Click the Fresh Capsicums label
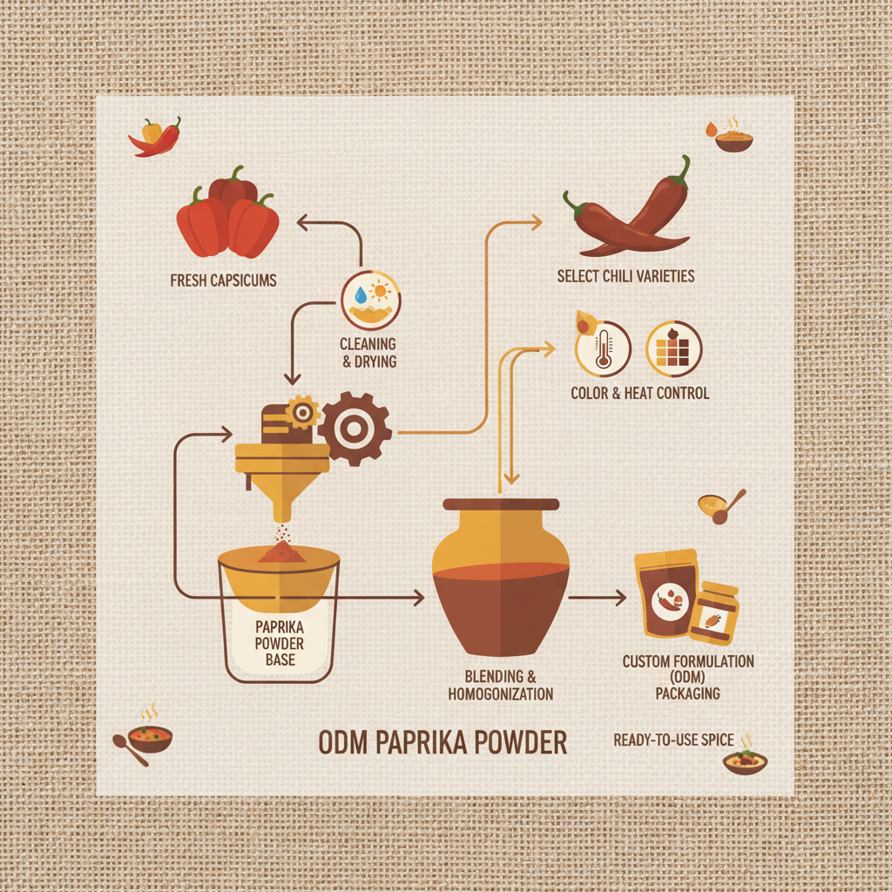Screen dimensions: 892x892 [225, 281]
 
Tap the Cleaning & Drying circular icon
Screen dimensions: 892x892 [371, 300]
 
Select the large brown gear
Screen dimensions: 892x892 [354, 429]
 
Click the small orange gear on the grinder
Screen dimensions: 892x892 [302, 411]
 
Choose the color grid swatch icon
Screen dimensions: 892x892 [673, 348]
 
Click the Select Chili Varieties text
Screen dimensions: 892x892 [625, 276]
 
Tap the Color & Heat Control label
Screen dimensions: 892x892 [639, 393]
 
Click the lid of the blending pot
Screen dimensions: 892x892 [501, 504]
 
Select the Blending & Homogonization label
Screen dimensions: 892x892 [500, 686]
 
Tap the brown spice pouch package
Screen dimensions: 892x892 [667, 595]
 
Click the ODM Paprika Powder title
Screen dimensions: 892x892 [443, 743]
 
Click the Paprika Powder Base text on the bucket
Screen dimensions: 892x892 [280, 643]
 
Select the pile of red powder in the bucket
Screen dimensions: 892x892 [281, 551]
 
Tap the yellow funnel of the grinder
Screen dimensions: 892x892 [282, 488]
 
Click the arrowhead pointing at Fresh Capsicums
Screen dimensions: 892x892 [302, 224]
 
